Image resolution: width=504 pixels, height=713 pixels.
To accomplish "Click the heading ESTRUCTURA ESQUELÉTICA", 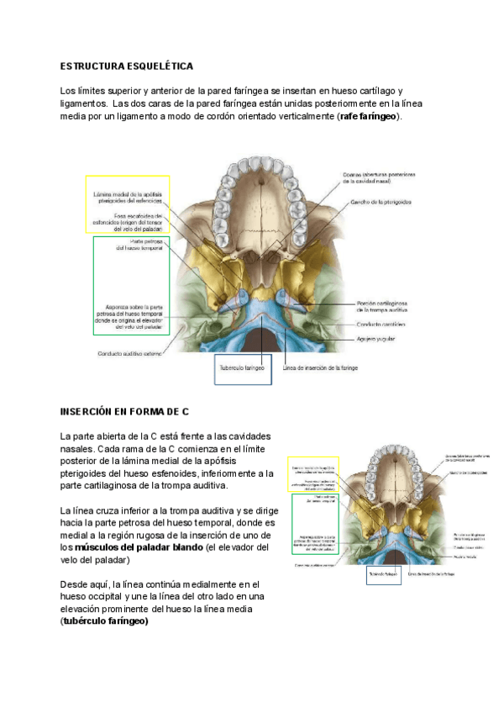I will pyautogui.click(x=127, y=66).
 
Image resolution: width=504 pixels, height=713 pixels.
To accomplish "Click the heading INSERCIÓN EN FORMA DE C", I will pyautogui.click(x=123, y=412).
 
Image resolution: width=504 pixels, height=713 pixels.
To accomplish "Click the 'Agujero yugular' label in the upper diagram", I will pyautogui.click(x=375, y=339).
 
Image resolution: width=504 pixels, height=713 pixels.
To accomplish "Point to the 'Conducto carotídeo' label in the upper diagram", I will pyautogui.click(x=381, y=324).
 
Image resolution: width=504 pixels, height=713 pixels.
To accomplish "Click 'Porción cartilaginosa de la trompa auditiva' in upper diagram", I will pyautogui.click(x=381, y=305).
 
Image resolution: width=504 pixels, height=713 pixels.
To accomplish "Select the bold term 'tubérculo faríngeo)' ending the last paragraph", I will pyautogui.click(x=106, y=621).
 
